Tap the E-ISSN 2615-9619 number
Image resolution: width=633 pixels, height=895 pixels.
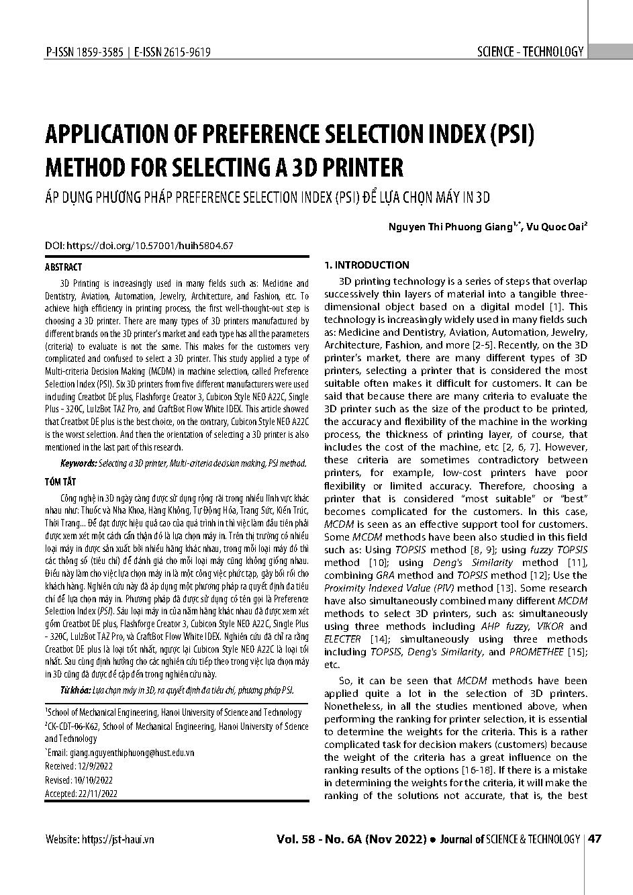[173, 52]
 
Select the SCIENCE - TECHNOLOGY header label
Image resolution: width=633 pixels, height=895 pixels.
[530, 52]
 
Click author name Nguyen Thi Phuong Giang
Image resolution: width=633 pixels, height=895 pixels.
[450, 227]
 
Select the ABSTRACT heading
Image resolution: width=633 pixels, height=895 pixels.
[63, 267]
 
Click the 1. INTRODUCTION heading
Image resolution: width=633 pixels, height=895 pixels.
[367, 265]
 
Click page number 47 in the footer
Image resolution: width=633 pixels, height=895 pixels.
[595, 839]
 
